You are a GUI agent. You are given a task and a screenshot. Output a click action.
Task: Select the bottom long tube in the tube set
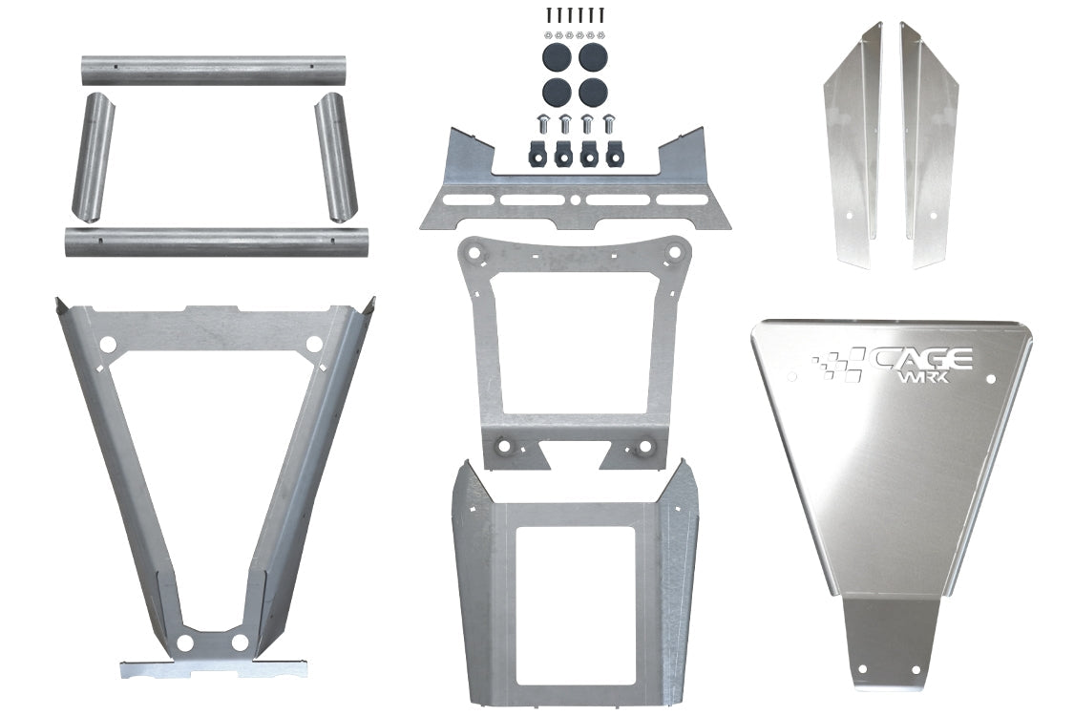(216, 241)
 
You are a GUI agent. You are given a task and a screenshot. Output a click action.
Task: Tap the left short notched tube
(93, 158)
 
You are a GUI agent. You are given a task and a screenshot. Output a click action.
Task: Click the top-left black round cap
(557, 55)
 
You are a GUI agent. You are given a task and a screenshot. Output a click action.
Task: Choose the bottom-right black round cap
(593, 92)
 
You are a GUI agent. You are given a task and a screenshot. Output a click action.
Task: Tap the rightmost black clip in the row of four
(610, 152)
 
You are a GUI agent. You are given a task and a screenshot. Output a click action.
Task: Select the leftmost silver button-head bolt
(542, 124)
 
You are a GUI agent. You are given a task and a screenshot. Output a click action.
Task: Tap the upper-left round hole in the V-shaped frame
(108, 343)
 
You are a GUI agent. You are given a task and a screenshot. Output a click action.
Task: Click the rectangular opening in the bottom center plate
(574, 605)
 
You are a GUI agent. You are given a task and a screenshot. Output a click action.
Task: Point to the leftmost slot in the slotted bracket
(466, 201)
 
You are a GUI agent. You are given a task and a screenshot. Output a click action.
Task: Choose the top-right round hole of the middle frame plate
(674, 254)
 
